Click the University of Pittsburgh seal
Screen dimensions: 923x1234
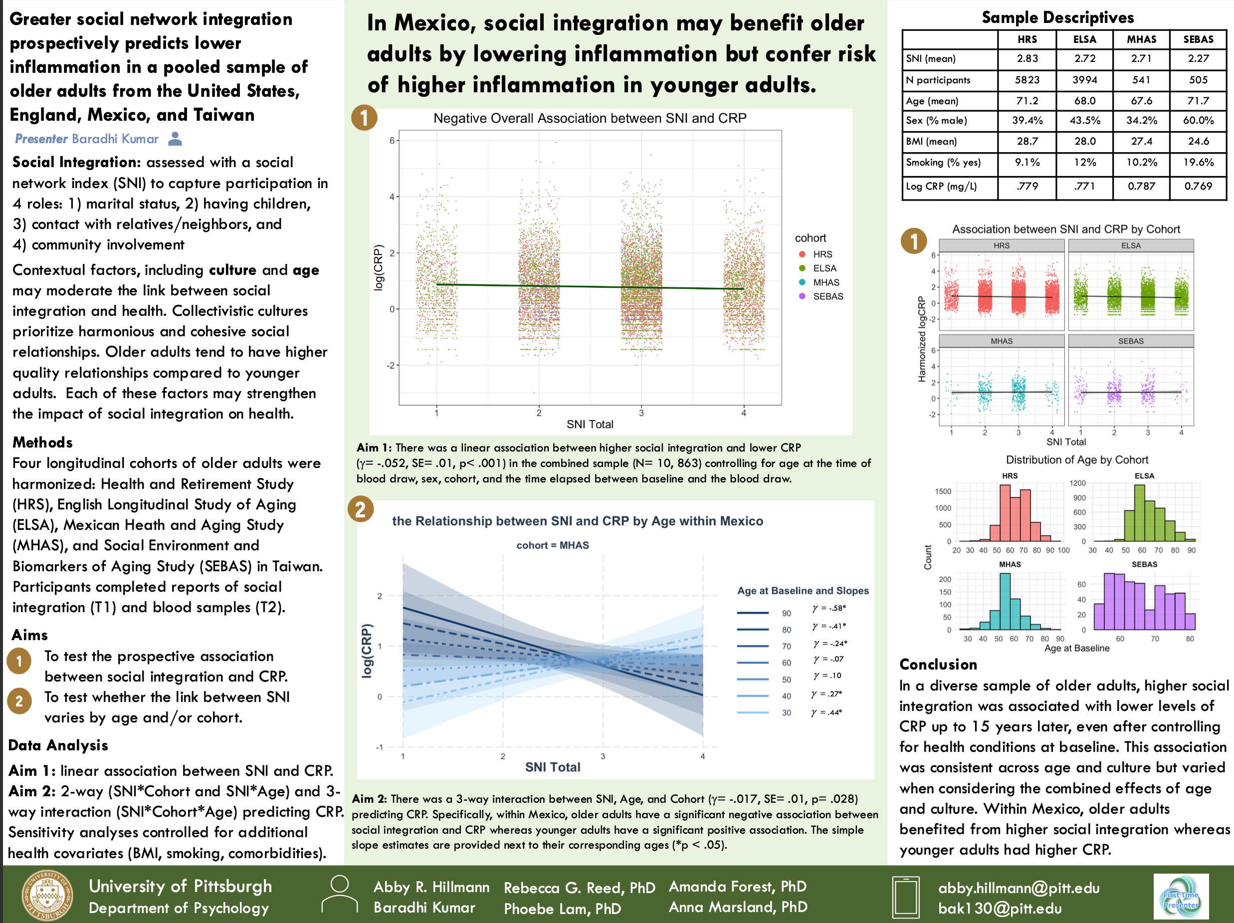(x=47, y=895)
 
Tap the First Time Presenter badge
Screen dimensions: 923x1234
(x=1181, y=896)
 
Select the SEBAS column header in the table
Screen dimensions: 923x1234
(x=1198, y=39)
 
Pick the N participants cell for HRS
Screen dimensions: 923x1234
(x=1027, y=80)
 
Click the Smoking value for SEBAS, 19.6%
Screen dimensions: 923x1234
(x=1198, y=162)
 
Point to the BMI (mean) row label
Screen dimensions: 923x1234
(x=931, y=141)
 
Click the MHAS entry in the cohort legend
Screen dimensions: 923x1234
(x=825, y=282)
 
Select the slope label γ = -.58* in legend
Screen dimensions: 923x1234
(x=829, y=608)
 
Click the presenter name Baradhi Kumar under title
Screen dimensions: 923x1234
(x=115, y=139)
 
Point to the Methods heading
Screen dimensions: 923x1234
(x=43, y=443)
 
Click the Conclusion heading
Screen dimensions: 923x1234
(x=938, y=665)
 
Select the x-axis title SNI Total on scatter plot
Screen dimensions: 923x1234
(x=590, y=424)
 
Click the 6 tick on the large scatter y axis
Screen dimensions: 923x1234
(x=392, y=141)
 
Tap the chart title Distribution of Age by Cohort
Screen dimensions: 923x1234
(x=1077, y=460)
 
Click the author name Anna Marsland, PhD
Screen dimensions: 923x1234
(x=738, y=908)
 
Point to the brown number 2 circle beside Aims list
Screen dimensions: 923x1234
(x=19, y=701)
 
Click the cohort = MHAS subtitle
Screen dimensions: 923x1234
(x=552, y=545)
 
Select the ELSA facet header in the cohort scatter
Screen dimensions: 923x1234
(x=1131, y=245)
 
